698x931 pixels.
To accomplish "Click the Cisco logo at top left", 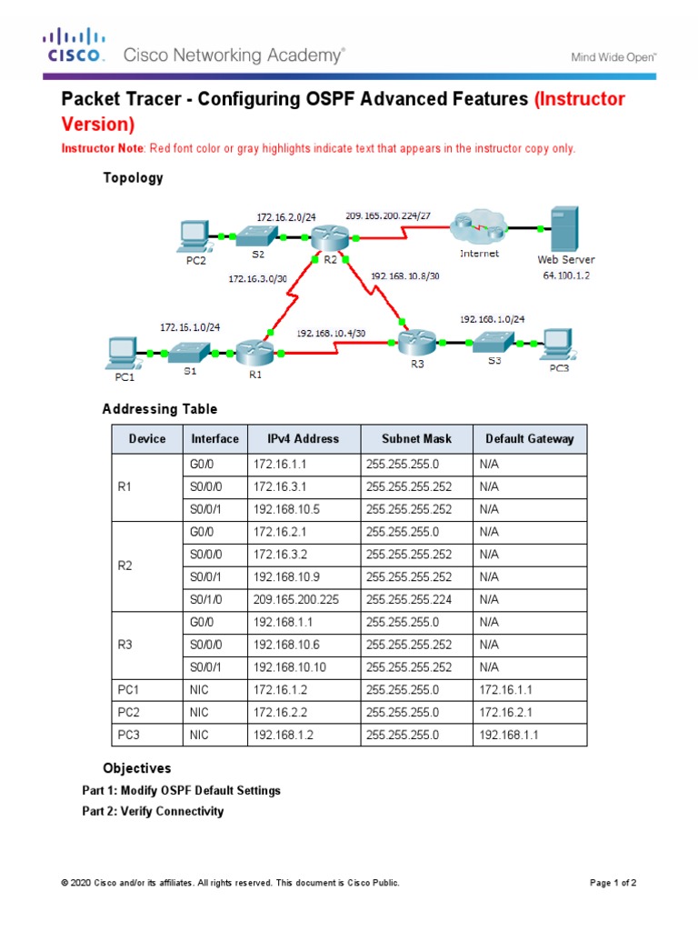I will [x=75, y=45].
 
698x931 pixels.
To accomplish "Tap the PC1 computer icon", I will [x=122, y=350].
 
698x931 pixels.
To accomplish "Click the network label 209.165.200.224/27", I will [x=389, y=215].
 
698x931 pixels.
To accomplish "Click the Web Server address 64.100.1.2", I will [x=565, y=275].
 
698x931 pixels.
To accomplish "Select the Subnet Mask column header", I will [x=416, y=438].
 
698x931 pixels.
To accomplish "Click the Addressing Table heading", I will [x=159, y=409].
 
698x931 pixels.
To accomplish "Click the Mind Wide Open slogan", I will [x=613, y=56].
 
